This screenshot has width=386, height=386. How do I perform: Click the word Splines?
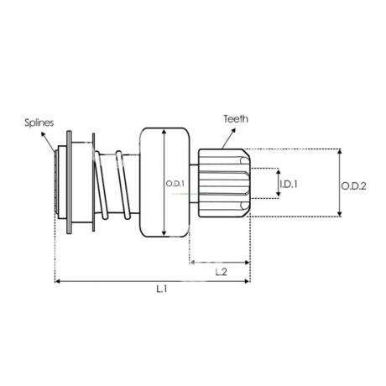[39, 123]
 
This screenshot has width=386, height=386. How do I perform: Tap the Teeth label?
[236, 119]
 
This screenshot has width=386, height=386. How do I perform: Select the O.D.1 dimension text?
[175, 184]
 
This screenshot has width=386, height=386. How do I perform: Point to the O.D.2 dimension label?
[353, 186]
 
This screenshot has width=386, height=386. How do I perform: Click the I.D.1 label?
[289, 184]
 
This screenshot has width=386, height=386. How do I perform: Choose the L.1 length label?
[162, 289]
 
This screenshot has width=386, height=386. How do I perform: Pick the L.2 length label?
[221, 272]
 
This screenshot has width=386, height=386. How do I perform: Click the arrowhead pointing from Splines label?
[43, 134]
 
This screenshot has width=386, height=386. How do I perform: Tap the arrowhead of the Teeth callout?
[233, 131]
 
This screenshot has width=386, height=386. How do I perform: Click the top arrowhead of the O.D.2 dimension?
[340, 151]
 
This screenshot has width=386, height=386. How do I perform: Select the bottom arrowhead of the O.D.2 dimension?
[340, 214]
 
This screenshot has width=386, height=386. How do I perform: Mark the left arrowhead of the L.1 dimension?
[57, 281]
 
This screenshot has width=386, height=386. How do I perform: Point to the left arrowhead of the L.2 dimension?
[192, 263]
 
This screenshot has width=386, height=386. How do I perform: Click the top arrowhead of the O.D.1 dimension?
[164, 132]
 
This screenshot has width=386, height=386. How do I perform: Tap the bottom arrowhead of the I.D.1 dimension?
[279, 193]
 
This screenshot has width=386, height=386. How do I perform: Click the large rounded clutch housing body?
[164, 183]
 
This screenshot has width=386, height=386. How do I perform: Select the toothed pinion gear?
[224, 183]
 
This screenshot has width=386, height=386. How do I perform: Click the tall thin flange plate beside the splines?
[69, 182]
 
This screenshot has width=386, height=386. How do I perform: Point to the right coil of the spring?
[123, 185]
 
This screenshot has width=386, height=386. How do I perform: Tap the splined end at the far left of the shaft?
[56, 182]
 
